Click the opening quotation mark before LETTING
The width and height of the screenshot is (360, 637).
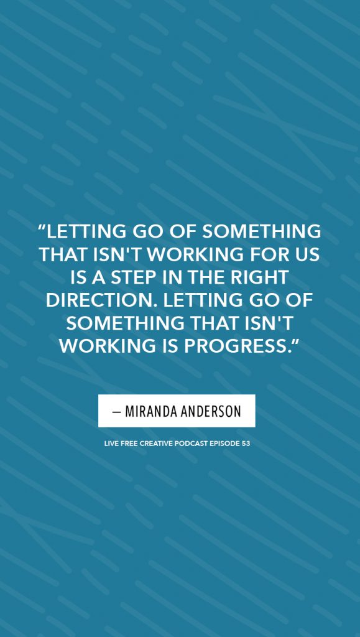[42, 228]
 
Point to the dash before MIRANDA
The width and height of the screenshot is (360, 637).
[117, 412]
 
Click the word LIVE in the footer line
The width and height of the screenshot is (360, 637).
[111, 444]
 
